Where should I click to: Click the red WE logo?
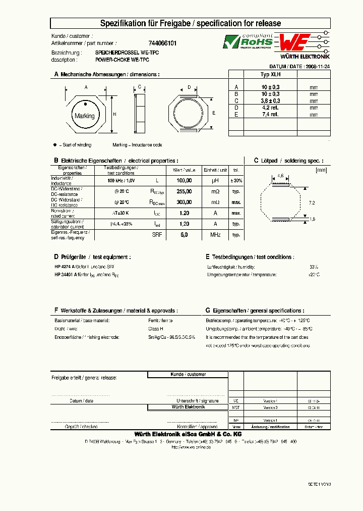click(294, 41)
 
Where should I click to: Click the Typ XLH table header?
click(270, 74)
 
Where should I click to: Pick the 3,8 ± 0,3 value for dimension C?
click(270, 100)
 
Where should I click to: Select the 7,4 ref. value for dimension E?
click(270, 114)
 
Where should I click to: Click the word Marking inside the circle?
click(85, 116)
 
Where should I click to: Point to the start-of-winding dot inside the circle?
click(86, 105)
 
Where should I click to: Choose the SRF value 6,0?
click(185, 235)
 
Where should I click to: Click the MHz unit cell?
click(215, 235)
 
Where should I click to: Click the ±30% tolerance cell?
click(236, 180)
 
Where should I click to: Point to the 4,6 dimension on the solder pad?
click(281, 176)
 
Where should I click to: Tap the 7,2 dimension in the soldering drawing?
click(311, 202)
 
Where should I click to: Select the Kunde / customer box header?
click(188, 375)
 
